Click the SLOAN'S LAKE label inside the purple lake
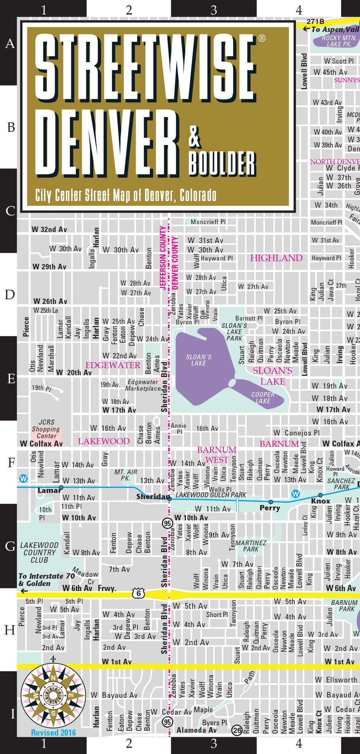199,360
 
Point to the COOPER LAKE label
263,398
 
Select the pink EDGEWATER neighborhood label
113,365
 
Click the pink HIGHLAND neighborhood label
276,258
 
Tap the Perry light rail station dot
271,502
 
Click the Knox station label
320,501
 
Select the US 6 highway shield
139,593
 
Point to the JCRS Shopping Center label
46,429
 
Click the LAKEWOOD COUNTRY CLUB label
39,552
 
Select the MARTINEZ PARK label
251,546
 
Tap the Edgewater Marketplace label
143,385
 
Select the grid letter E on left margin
11,378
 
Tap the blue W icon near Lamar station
23,478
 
